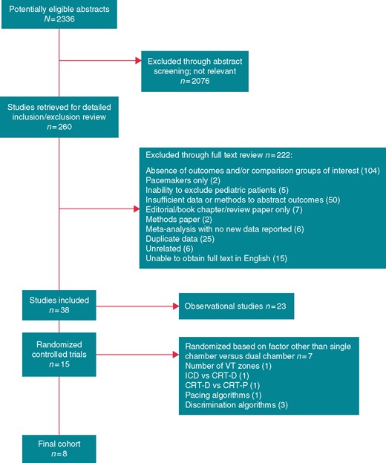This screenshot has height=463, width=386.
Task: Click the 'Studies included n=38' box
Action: (x=59, y=305)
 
